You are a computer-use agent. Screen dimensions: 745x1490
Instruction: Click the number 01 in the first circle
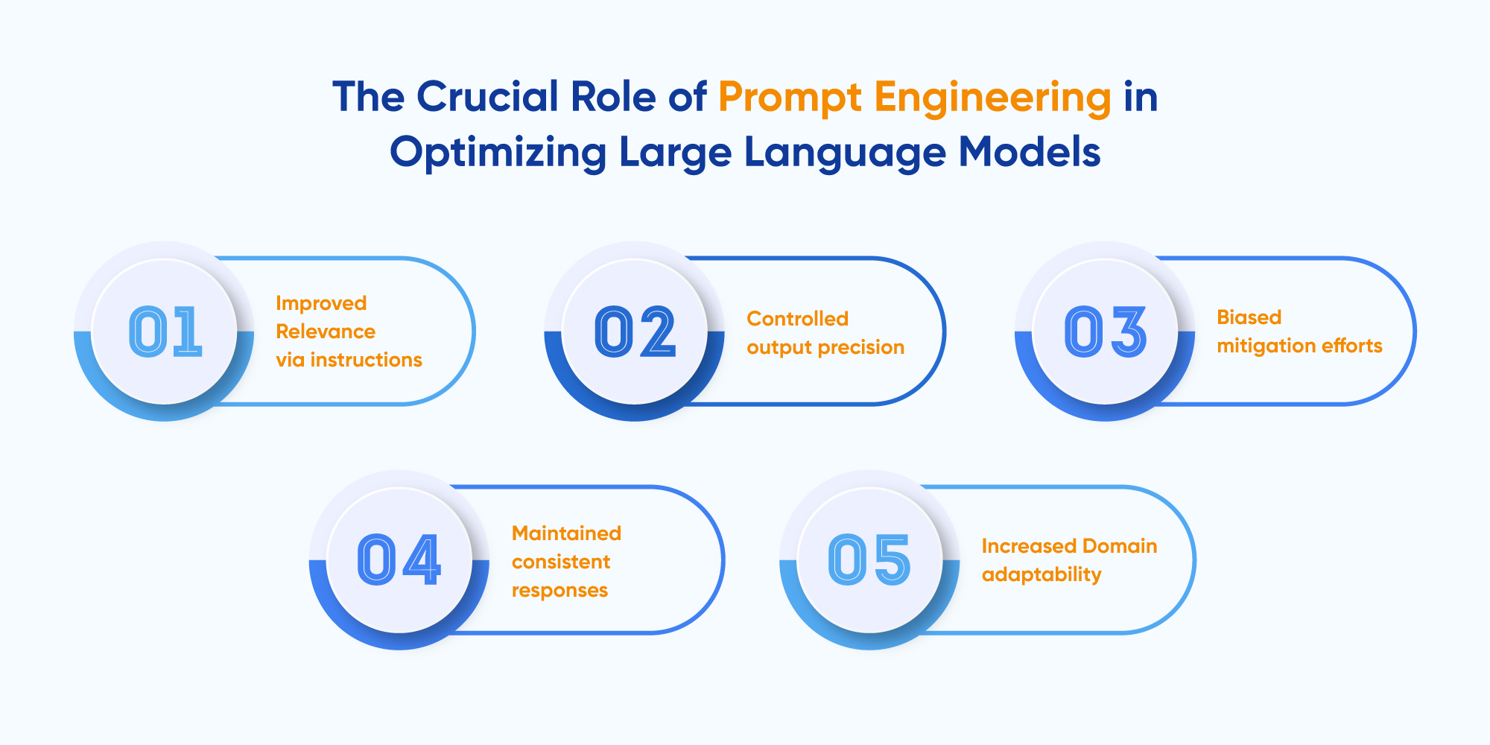click(165, 332)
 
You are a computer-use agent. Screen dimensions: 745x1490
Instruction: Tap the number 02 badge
click(635, 332)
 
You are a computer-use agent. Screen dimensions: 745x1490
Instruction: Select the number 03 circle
click(1105, 332)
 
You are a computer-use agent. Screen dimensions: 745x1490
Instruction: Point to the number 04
click(399, 560)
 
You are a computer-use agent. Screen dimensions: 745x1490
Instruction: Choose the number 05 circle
click(869, 560)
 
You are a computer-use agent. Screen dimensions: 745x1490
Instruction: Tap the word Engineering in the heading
click(992, 98)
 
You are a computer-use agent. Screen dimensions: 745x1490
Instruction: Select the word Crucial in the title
click(487, 98)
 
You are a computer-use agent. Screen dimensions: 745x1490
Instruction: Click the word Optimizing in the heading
click(498, 153)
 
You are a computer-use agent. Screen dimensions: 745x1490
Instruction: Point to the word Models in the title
click(1029, 153)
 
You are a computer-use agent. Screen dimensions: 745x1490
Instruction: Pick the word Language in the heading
click(845, 153)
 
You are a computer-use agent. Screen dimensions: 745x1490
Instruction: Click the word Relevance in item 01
click(326, 332)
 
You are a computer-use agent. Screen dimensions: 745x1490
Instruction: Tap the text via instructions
click(349, 360)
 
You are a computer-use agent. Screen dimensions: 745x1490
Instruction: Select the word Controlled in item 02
click(797, 319)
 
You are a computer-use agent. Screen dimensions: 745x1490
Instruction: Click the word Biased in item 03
click(1249, 317)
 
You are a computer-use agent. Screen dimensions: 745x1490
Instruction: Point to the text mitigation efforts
click(1299, 346)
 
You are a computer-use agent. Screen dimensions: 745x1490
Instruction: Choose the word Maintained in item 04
click(566, 533)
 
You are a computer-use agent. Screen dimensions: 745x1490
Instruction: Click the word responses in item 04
click(559, 590)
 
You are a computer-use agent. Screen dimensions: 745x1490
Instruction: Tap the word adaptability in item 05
click(1041, 574)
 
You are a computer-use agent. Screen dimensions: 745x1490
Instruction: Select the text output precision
click(825, 347)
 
